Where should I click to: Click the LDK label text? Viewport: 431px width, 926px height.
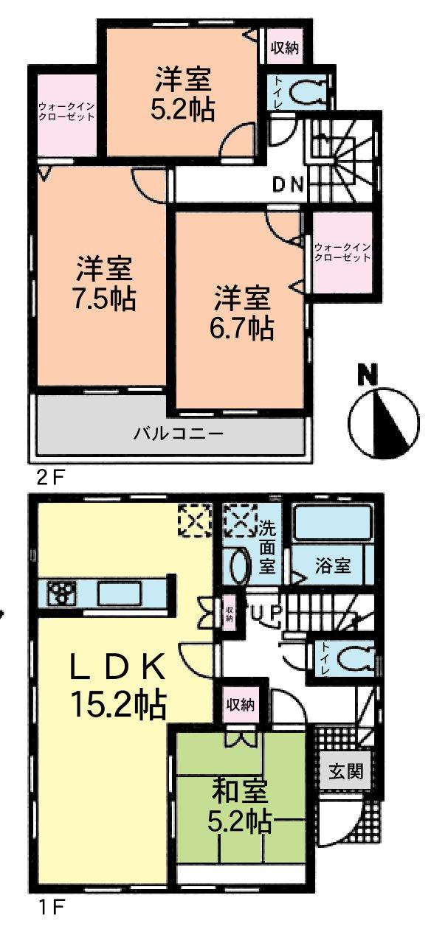pos(117,669)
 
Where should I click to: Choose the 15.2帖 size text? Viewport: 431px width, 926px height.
pos(118,706)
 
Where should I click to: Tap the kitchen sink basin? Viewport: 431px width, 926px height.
pos(120,592)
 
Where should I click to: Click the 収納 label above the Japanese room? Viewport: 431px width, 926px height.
pos(241,704)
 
